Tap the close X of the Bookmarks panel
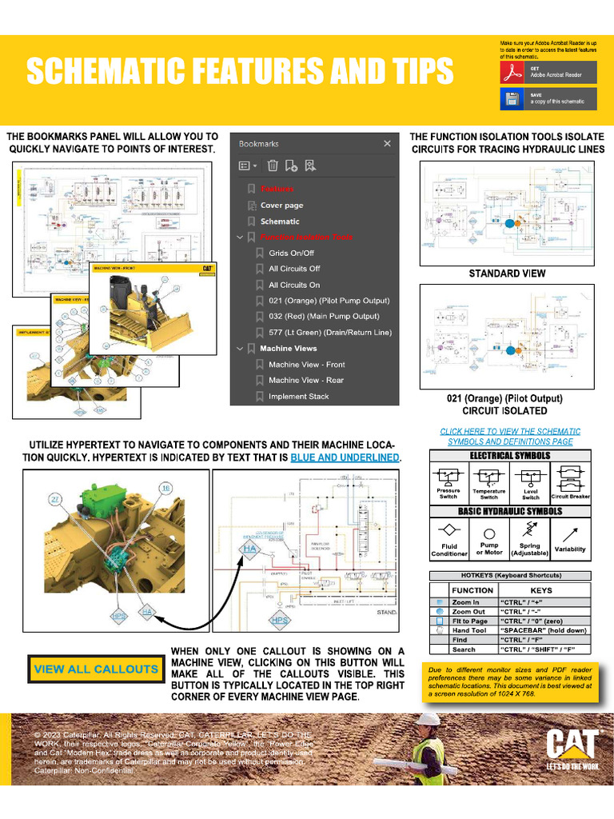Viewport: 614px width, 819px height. (387, 144)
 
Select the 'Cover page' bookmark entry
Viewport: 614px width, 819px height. (281, 206)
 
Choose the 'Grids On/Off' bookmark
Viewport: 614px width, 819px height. (291, 253)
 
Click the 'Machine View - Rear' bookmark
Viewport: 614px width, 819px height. (305, 380)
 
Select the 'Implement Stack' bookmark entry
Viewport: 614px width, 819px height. (298, 396)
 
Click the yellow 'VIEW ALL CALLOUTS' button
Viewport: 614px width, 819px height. (96, 669)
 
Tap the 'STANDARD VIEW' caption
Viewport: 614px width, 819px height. (507, 274)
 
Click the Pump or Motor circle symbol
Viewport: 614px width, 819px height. (489, 533)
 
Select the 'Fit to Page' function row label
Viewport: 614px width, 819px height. (469, 621)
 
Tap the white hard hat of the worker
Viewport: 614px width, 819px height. (429, 719)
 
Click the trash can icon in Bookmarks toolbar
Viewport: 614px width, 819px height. (272, 166)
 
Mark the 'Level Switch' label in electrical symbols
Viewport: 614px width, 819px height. (530, 494)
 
